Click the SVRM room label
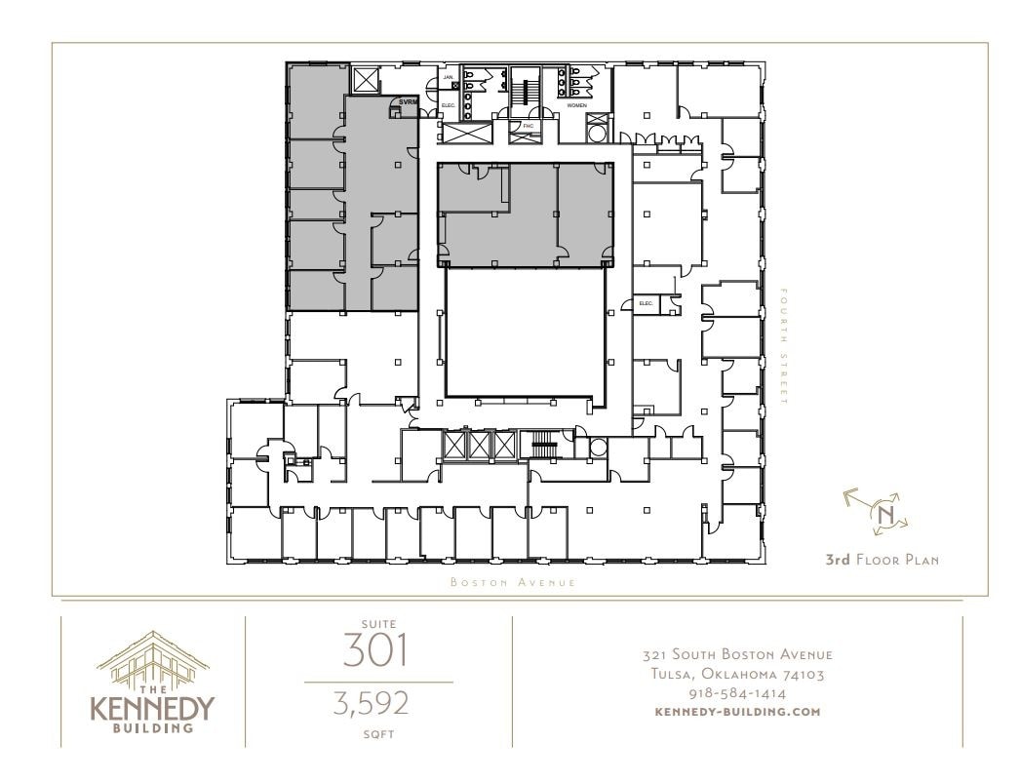(x=408, y=101)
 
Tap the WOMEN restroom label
(x=577, y=104)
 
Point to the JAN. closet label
(x=449, y=76)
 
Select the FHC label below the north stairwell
(x=528, y=126)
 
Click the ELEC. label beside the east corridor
(x=646, y=304)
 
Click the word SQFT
(x=377, y=734)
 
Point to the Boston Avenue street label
(x=513, y=582)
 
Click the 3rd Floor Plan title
(x=882, y=561)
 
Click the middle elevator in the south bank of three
(x=480, y=446)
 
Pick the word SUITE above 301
(x=377, y=622)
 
